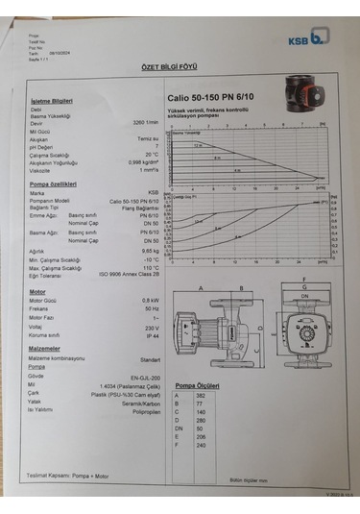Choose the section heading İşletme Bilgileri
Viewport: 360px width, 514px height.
[x=52, y=100]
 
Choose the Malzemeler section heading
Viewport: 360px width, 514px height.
[x=45, y=349]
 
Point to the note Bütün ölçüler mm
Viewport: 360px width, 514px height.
[x=248, y=478]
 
